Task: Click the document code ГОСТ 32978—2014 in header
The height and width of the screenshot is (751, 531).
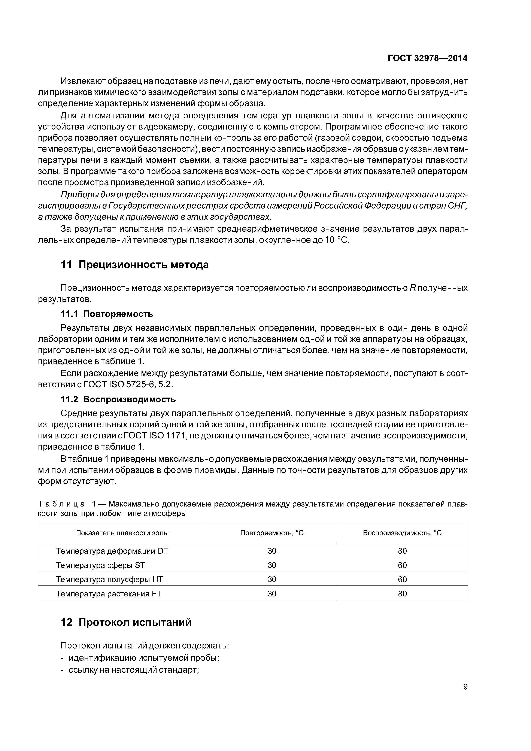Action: pyautogui.click(x=427, y=58)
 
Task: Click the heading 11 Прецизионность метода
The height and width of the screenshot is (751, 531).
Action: pyautogui.click(x=134, y=264)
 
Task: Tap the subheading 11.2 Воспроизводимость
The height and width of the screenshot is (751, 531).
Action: pyautogui.click(x=118, y=399)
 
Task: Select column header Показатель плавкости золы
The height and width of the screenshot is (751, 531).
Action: pyautogui.click(x=122, y=533)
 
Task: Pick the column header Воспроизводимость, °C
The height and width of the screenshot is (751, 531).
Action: pyautogui.click(x=402, y=533)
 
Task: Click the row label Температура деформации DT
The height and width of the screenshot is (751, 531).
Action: pyautogui.click(x=112, y=551)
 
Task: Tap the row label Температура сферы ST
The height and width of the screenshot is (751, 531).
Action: pyautogui.click(x=100, y=565)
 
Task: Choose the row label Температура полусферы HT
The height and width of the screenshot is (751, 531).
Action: pyautogui.click(x=109, y=579)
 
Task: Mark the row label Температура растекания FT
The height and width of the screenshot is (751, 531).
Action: pyautogui.click(x=109, y=594)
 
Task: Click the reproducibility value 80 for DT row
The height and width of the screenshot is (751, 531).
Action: pyautogui.click(x=402, y=551)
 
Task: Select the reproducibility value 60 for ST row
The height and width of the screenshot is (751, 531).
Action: pyautogui.click(x=402, y=565)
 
